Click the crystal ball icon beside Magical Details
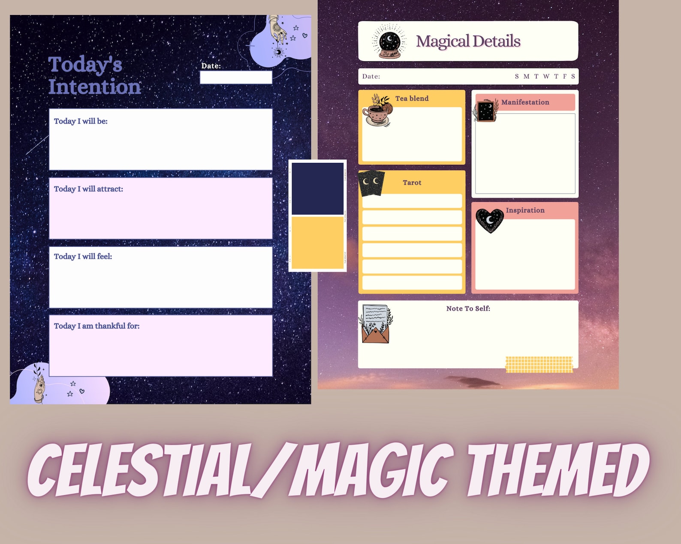pos(389,42)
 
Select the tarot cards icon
pos(371,183)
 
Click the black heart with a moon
pos(489,220)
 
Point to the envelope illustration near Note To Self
pos(376,324)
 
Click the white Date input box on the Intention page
pos(236,78)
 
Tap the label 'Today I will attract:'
pos(88,189)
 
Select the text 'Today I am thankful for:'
pos(96,326)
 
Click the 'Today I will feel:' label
pos(83,257)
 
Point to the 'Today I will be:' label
pos(81,121)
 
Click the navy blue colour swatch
pos(317,188)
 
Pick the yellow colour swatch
pos(317,242)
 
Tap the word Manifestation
pos(525,102)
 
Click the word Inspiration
pos(525,210)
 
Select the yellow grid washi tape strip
pos(539,364)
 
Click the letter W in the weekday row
pos(546,77)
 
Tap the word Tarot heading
pos(412,183)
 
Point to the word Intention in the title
pos(94,87)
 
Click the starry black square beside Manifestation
pos(486,111)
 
